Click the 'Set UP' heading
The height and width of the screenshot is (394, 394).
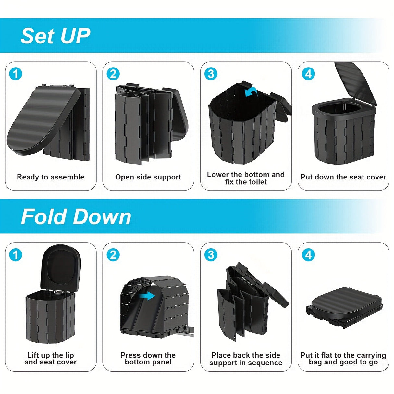[55, 36]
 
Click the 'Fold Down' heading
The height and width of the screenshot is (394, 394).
[76, 216]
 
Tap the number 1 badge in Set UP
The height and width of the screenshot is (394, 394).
[15, 74]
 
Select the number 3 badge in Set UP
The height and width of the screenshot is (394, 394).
[211, 74]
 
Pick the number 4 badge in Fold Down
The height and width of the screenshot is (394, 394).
[308, 255]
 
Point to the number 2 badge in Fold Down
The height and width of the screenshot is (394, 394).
[113, 255]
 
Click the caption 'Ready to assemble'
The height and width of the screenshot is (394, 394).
[51, 177]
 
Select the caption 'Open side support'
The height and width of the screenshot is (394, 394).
[148, 177]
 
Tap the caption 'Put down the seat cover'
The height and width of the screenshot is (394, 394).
[343, 177]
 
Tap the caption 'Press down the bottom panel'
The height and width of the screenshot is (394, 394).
[148, 359]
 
